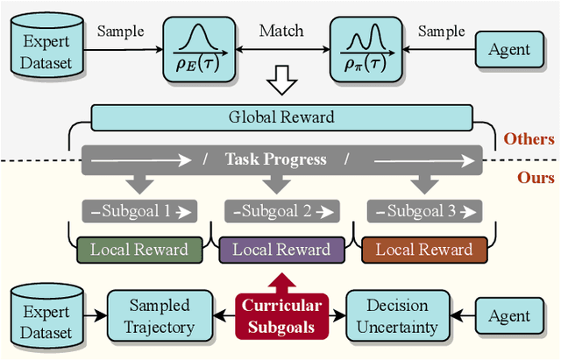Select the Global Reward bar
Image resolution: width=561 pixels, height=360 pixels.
pyautogui.click(x=280, y=116)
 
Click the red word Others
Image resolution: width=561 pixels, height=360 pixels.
pyautogui.click(x=529, y=138)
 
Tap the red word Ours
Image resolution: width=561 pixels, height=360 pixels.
pyautogui.click(x=534, y=178)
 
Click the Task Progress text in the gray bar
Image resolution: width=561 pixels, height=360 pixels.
pyautogui.click(x=275, y=159)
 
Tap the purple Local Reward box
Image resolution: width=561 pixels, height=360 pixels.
pyautogui.click(x=280, y=250)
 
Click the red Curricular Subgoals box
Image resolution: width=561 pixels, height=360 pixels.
pyautogui.click(x=280, y=315)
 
